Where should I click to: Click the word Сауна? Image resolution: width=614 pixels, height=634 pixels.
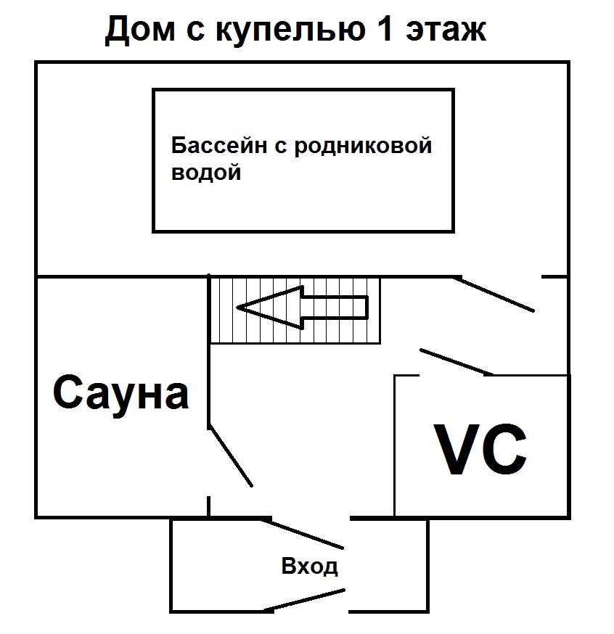120,394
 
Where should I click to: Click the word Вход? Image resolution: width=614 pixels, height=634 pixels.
310,567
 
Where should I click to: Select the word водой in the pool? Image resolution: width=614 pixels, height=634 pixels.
206,173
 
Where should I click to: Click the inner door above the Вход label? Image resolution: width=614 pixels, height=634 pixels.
306,532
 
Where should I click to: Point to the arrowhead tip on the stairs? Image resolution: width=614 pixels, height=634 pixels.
240,308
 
